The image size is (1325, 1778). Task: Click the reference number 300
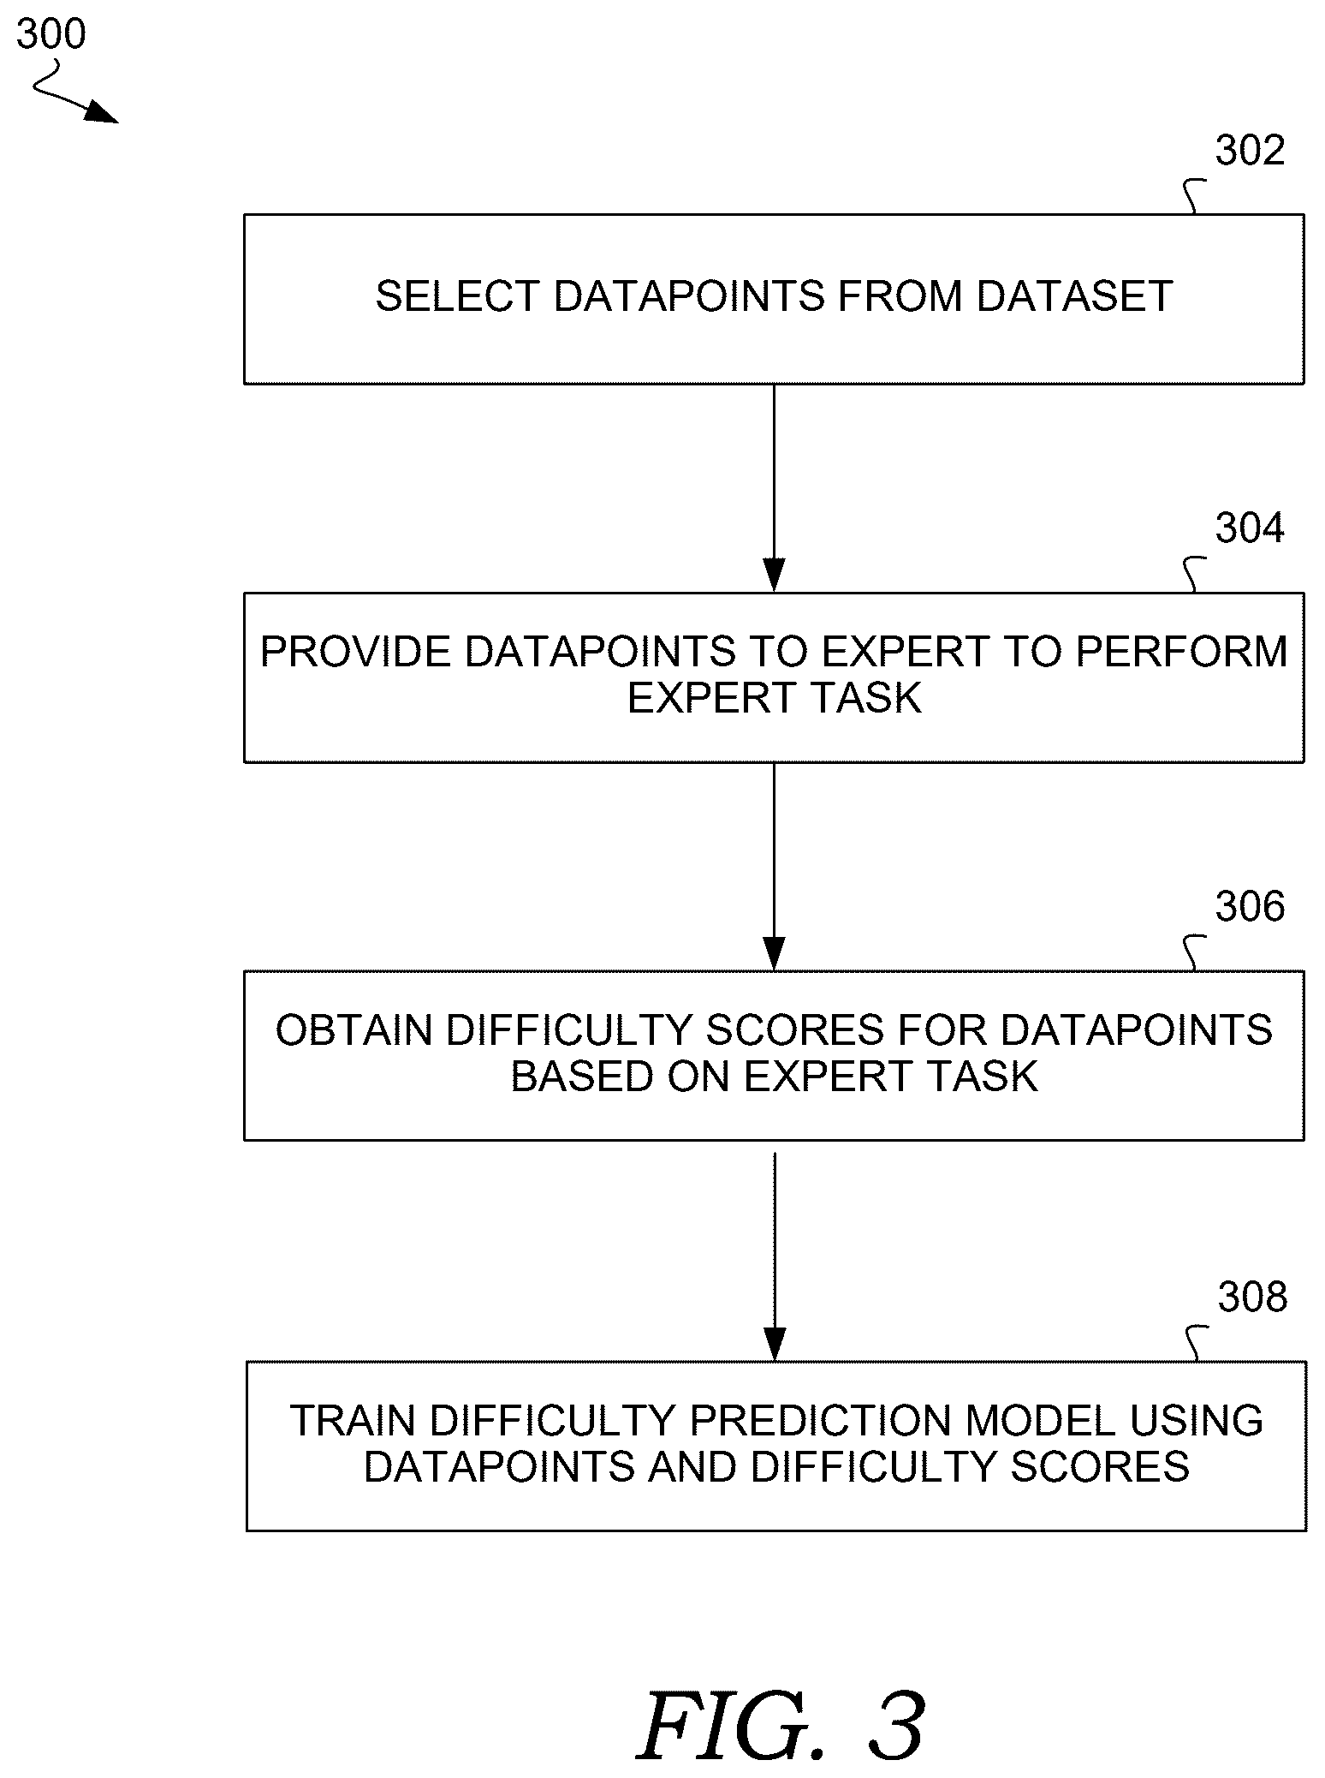click(51, 34)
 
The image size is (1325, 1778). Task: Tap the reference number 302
click(1251, 151)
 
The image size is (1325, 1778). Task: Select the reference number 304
click(1251, 528)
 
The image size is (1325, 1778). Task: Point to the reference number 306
click(1251, 906)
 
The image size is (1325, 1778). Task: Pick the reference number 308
click(1253, 1297)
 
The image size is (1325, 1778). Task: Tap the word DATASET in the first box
click(1074, 296)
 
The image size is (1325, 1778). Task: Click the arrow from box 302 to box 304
click(774, 488)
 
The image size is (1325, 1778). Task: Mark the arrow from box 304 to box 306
click(774, 867)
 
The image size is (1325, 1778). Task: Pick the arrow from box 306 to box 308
click(774, 1256)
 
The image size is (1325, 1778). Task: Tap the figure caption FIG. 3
click(781, 1727)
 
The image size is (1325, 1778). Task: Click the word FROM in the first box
click(900, 296)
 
